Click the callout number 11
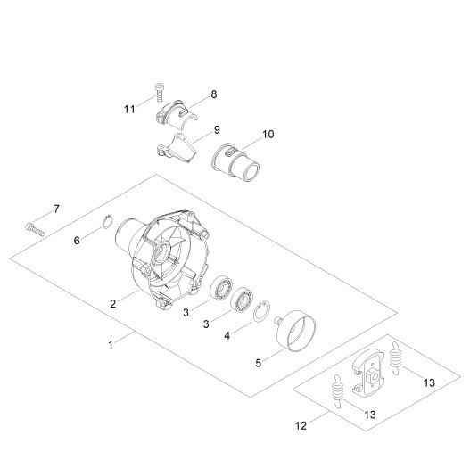[129, 109]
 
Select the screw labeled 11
[159, 94]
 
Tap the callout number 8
[214, 94]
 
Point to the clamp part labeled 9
[177, 148]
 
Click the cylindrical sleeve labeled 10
[235, 163]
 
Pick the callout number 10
[268, 135]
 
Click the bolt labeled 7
[35, 229]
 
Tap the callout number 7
[57, 209]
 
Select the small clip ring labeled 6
[108, 222]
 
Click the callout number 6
[77, 241]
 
